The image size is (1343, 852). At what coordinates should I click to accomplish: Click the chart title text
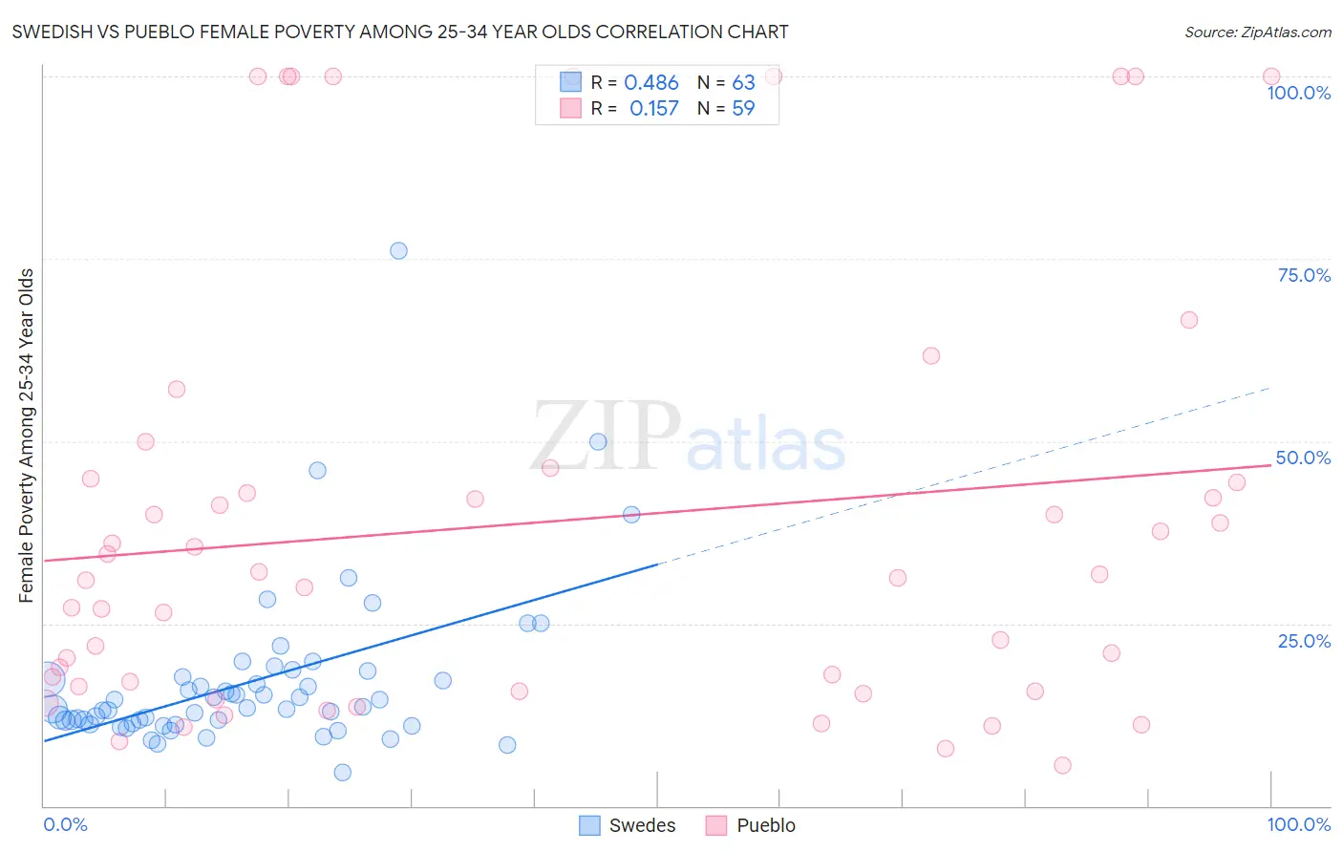pyautogui.click(x=400, y=32)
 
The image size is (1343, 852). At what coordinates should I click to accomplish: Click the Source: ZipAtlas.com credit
pyautogui.click(x=1257, y=32)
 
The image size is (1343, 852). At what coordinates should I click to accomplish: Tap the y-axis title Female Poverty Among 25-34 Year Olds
pyautogui.click(x=27, y=436)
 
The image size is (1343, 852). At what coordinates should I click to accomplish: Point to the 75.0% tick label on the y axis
pyautogui.click(x=1304, y=275)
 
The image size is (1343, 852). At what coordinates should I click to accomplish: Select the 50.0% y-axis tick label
pyautogui.click(x=1303, y=458)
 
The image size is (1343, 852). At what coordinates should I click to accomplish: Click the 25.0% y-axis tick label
pyautogui.click(x=1304, y=641)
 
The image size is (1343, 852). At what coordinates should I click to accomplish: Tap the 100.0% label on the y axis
pyautogui.click(x=1298, y=93)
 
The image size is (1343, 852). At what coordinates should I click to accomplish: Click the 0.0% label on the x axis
pyautogui.click(x=65, y=824)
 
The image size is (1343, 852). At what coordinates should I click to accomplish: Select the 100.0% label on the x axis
pyautogui.click(x=1298, y=824)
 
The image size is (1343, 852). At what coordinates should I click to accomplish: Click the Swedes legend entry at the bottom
pyautogui.click(x=628, y=825)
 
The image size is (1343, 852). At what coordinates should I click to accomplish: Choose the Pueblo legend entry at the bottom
pyautogui.click(x=751, y=825)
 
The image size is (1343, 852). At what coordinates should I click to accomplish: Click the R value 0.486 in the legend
pyautogui.click(x=650, y=83)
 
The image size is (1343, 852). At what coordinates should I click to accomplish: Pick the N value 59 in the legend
pyautogui.click(x=743, y=109)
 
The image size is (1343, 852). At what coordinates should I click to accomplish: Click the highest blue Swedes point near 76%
pyautogui.click(x=398, y=251)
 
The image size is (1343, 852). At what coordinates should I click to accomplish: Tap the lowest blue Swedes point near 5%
pyautogui.click(x=342, y=773)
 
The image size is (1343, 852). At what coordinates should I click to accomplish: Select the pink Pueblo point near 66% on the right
pyautogui.click(x=1188, y=320)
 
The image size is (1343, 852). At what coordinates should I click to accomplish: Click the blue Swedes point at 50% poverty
pyautogui.click(x=598, y=441)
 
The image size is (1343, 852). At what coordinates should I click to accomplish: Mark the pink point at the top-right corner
pyautogui.click(x=1270, y=76)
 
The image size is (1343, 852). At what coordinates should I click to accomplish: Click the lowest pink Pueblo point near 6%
pyautogui.click(x=1062, y=765)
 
